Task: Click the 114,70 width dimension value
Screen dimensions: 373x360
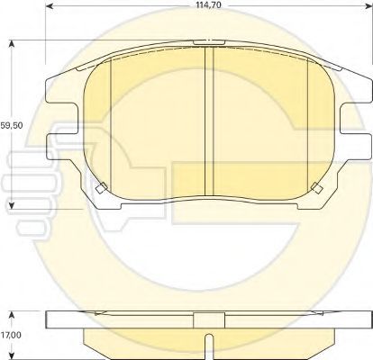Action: (208, 5)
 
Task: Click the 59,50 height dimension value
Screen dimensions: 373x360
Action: (12, 125)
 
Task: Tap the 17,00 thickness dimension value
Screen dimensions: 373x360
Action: (11, 335)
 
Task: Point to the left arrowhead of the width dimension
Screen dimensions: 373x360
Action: (50, 6)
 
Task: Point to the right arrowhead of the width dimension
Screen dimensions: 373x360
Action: (368, 6)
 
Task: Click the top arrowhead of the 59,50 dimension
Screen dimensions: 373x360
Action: (12, 44)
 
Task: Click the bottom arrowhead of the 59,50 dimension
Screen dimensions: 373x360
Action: (12, 205)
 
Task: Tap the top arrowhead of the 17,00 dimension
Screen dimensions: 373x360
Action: (12, 316)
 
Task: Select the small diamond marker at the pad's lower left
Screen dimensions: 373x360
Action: (101, 188)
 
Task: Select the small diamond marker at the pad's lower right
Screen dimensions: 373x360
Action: (317, 188)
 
